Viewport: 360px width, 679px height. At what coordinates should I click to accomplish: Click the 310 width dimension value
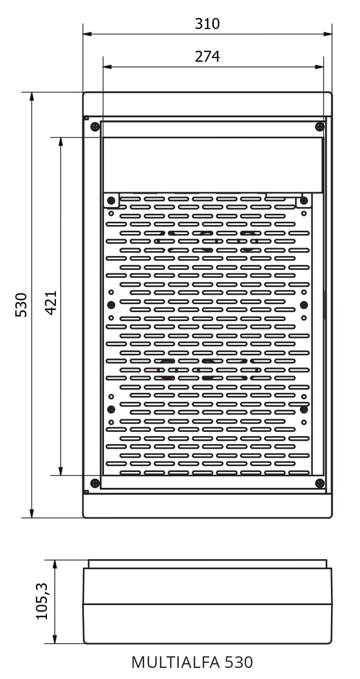207,24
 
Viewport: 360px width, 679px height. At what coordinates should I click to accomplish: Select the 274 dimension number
207,56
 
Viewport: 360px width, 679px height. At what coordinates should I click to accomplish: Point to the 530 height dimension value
21,305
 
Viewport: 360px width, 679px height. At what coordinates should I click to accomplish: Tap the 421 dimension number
51,303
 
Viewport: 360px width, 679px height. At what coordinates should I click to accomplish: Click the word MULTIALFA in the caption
176,663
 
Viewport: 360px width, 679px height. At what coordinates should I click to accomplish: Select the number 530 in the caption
239,663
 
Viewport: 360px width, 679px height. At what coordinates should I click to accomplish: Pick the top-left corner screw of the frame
95,126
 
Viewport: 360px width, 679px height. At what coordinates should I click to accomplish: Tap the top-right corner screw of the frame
320,126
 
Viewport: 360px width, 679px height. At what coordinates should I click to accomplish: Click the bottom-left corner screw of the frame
95,483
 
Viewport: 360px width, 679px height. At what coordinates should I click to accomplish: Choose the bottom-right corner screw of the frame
320,483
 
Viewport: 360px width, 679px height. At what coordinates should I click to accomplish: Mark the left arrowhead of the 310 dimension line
87,34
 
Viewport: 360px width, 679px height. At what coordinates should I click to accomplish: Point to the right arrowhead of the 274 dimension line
319,67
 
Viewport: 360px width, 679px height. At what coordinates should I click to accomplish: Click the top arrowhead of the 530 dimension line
32,97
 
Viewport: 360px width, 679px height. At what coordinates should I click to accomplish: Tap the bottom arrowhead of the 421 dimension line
61,471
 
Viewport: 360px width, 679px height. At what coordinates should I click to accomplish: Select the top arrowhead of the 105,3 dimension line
55,564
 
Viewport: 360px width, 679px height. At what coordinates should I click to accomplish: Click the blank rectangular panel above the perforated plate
213,165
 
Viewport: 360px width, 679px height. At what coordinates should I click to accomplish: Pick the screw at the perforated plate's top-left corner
111,200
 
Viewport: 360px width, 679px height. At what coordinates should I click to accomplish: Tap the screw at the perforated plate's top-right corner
304,200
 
